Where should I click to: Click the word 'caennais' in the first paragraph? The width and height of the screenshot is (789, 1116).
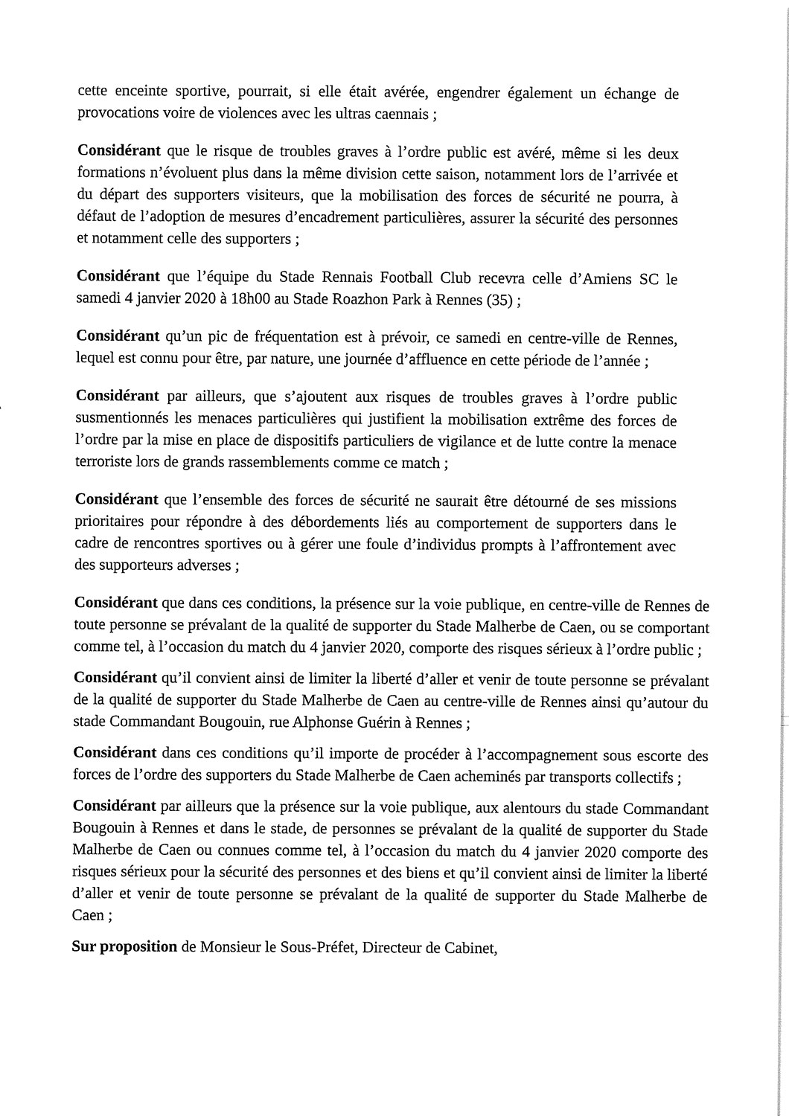tap(394, 115)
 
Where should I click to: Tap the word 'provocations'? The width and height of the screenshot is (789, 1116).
tap(115, 115)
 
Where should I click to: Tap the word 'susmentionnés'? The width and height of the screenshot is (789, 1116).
tap(124, 420)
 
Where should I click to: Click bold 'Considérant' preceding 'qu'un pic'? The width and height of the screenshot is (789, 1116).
tap(118, 336)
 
